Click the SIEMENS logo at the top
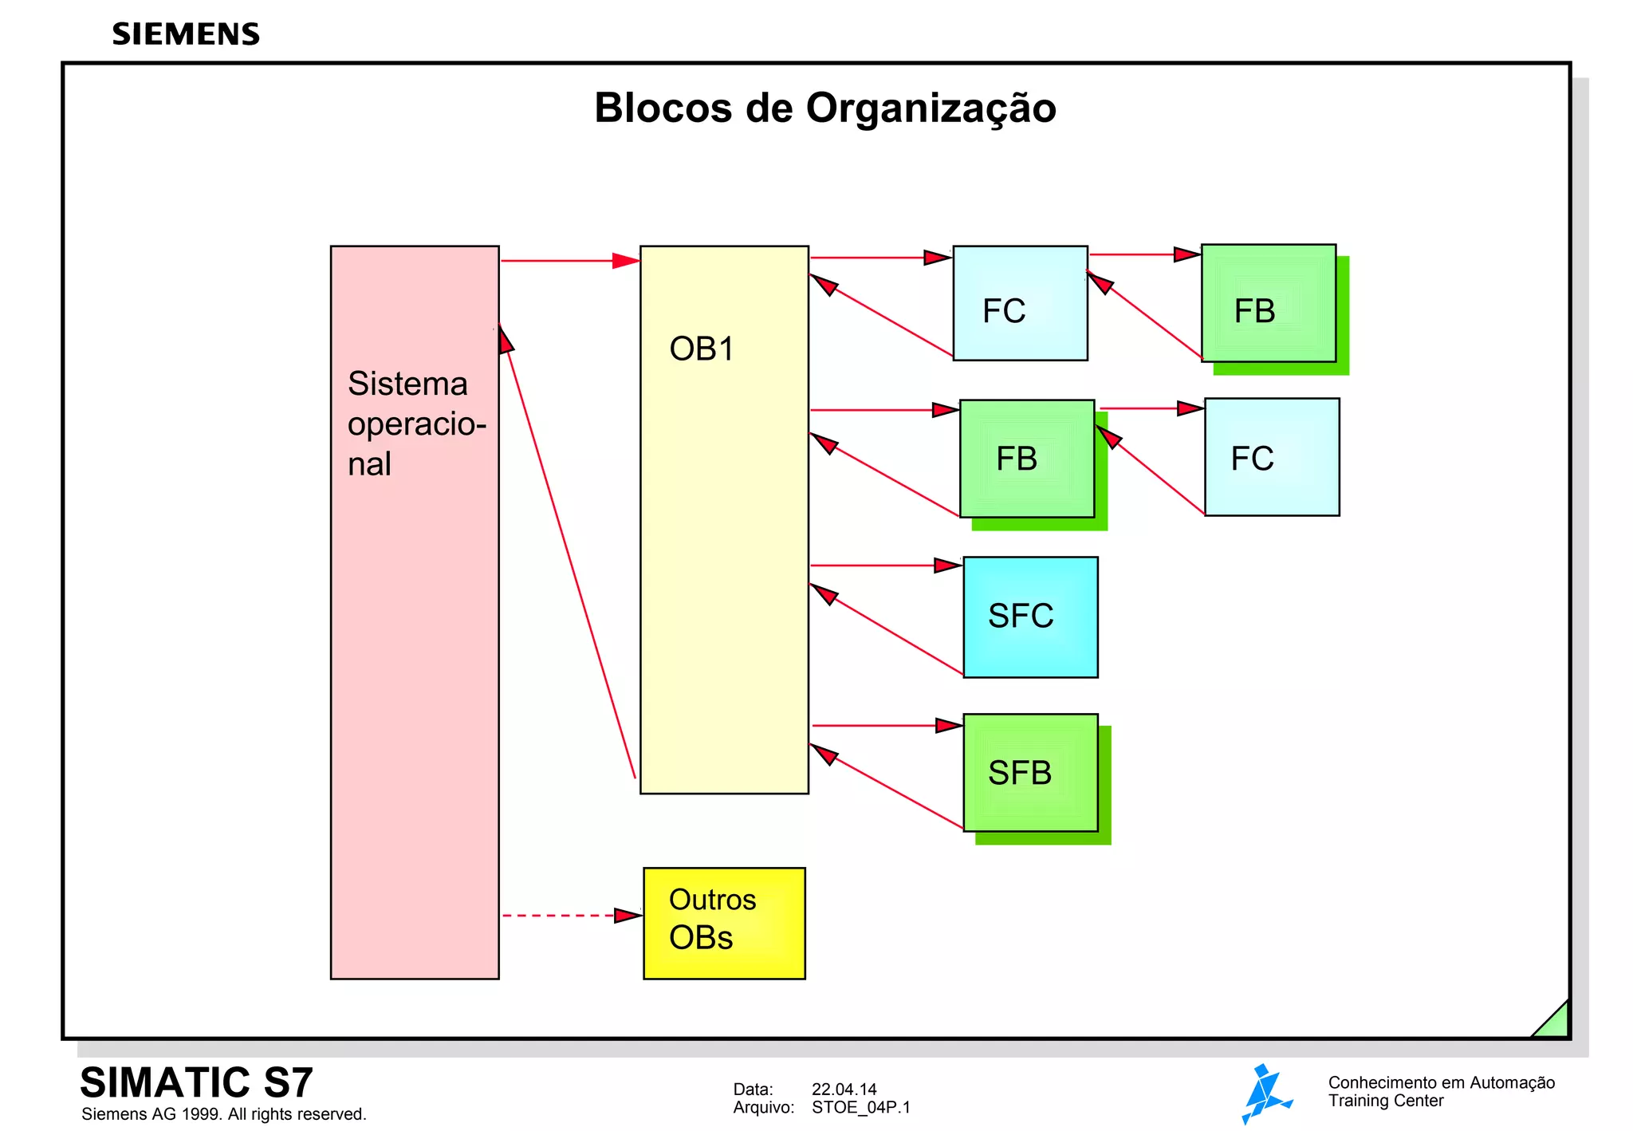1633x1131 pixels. click(x=186, y=34)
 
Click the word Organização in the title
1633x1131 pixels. click(x=931, y=108)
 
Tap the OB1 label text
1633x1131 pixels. click(x=702, y=349)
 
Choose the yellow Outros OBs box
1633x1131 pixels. click(x=724, y=923)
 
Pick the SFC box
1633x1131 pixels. click(x=1030, y=617)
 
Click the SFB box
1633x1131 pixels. click(x=1030, y=772)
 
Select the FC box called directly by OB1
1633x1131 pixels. click(x=1020, y=303)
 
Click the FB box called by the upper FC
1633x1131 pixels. click(x=1268, y=303)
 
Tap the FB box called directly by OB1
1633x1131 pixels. click(x=1026, y=459)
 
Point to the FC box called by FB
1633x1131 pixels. click(x=1272, y=457)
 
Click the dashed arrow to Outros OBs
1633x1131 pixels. click(x=570, y=916)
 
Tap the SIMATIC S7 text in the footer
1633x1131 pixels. click(x=196, y=1083)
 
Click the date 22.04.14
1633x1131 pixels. click(x=844, y=1090)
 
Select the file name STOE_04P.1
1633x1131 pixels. click(x=860, y=1108)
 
